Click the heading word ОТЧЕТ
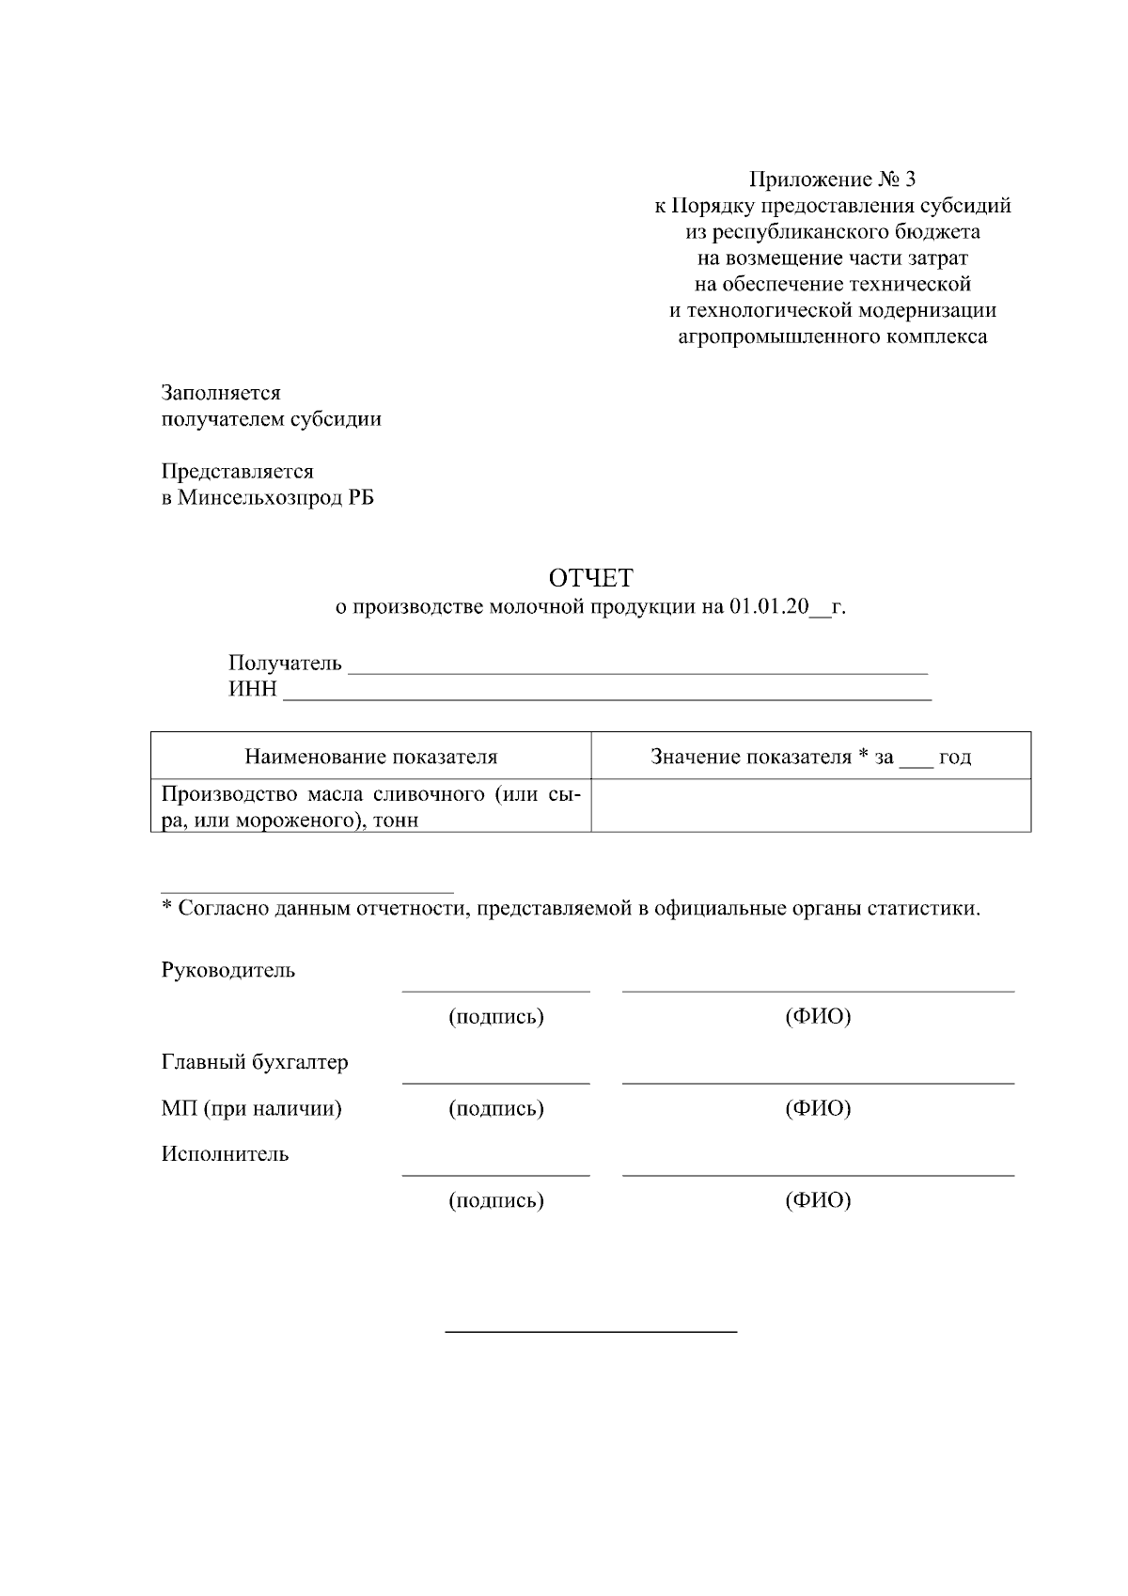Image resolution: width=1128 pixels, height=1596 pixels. [591, 577]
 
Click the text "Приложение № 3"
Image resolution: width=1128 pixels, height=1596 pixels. [832, 179]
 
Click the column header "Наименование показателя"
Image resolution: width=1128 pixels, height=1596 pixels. [371, 757]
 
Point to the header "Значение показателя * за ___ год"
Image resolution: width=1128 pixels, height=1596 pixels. [810, 757]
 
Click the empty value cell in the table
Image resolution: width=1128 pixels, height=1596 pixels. [810, 806]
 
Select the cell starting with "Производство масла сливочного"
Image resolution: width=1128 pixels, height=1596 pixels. [371, 806]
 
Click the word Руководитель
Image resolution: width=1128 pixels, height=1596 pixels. [228, 970]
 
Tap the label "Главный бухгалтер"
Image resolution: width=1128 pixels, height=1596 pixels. [255, 1062]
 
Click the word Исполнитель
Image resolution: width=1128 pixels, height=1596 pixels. [225, 1154]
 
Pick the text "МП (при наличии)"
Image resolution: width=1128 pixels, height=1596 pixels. [251, 1108]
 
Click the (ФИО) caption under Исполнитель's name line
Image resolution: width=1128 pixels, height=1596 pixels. [818, 1200]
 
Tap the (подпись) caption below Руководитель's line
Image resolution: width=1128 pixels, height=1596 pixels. [496, 1017]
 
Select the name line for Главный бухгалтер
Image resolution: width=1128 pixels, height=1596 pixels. [818, 1081]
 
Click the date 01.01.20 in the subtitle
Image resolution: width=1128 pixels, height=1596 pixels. [768, 607]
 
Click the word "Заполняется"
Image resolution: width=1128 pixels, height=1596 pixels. [221, 393]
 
